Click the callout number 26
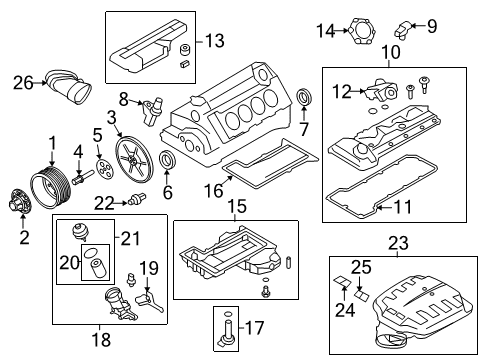click(x=23, y=83)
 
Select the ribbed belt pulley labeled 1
click(x=51, y=188)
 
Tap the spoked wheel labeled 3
click(x=134, y=162)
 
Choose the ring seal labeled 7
click(x=304, y=96)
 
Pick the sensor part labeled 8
click(x=151, y=110)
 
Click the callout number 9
click(x=432, y=26)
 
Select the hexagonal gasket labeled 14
click(x=362, y=31)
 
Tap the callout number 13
click(x=214, y=41)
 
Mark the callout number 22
click(x=104, y=203)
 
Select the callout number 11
click(x=403, y=207)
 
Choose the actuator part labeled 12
click(x=381, y=90)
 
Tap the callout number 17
click(x=254, y=328)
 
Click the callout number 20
click(x=69, y=263)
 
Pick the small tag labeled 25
click(x=362, y=295)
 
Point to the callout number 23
click(x=398, y=243)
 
